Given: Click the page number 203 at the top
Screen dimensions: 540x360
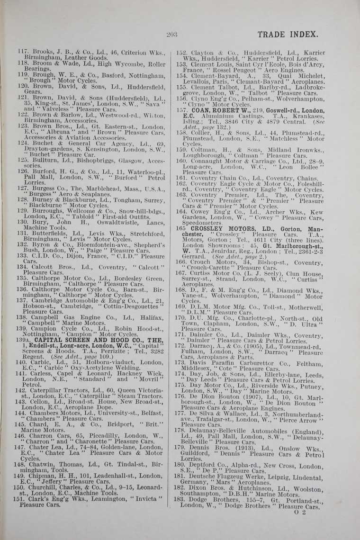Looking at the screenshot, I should pos(172,34).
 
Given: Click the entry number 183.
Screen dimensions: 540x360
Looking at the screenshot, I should pos(180,499).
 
